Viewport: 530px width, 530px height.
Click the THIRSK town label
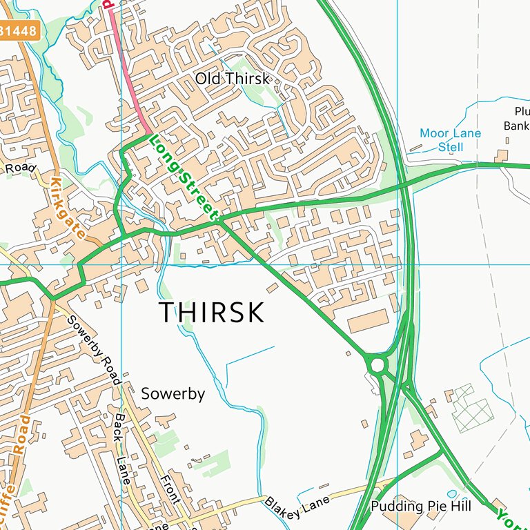click(212, 313)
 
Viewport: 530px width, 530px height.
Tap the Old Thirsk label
click(232, 79)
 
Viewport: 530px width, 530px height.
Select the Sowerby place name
click(173, 394)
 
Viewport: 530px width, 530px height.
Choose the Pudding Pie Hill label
click(421, 507)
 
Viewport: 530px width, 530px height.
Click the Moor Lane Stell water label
click(451, 140)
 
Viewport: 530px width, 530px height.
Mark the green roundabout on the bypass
click(377, 364)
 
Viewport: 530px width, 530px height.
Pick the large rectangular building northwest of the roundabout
click(369, 322)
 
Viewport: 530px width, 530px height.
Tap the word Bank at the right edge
click(516, 126)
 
